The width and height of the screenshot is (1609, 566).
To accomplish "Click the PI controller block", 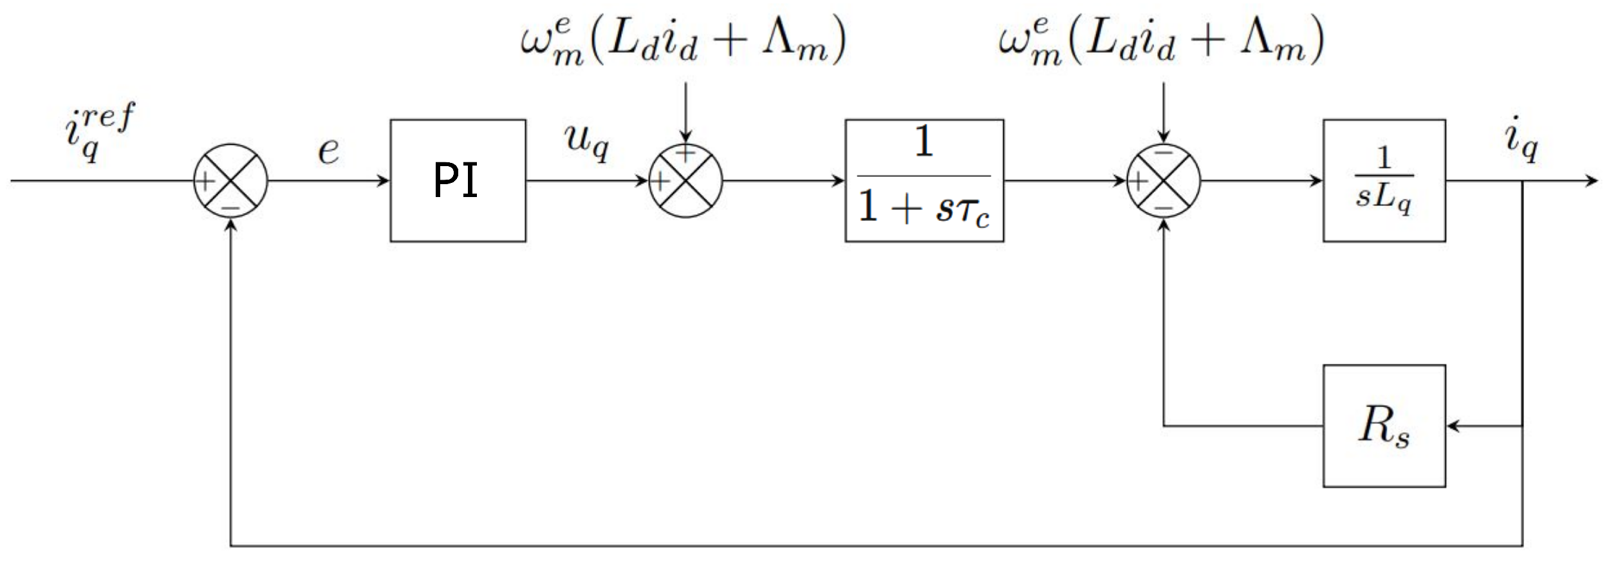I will click(x=458, y=180).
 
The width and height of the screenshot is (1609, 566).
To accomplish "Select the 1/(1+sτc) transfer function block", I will click(x=924, y=180).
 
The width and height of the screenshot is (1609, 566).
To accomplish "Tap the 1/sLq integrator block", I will click(x=1384, y=180).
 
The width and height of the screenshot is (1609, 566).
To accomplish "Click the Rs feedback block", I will click(x=1384, y=426).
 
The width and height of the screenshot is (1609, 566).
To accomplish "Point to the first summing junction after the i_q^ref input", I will click(x=230, y=180).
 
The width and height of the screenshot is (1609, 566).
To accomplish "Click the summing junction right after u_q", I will click(x=685, y=180).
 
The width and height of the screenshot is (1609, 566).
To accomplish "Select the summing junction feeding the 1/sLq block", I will click(x=1163, y=180).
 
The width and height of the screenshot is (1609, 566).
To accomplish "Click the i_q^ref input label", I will click(x=100, y=132).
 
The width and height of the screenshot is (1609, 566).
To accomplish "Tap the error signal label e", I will click(x=328, y=151).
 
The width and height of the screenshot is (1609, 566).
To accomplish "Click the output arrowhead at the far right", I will click(x=1592, y=180).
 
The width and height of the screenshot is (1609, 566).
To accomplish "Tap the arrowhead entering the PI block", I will click(x=384, y=180).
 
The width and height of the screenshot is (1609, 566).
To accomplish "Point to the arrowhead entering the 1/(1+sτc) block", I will click(x=839, y=180).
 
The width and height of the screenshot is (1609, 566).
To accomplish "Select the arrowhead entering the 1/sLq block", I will click(x=1317, y=180).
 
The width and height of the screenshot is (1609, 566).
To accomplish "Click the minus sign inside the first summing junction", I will click(x=230, y=208).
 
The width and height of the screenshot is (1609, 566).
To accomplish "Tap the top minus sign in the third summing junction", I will click(x=1163, y=153).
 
